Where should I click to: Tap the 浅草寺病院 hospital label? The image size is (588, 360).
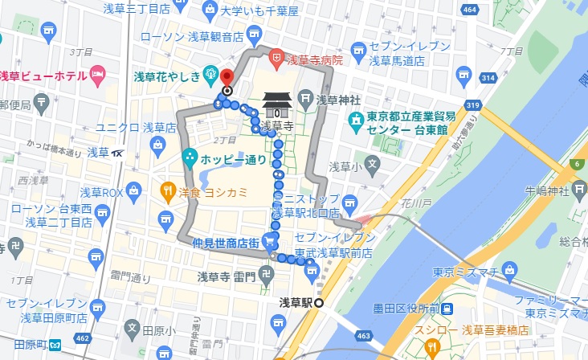coord(315,59)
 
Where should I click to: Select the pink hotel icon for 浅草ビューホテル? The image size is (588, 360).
coord(99,76)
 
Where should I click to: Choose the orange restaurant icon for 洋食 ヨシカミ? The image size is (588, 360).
coord(167,191)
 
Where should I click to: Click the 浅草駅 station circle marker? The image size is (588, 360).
coord(319,303)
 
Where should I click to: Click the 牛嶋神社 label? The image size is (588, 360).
coord(546,190)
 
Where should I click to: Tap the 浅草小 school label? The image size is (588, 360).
coord(346,166)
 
